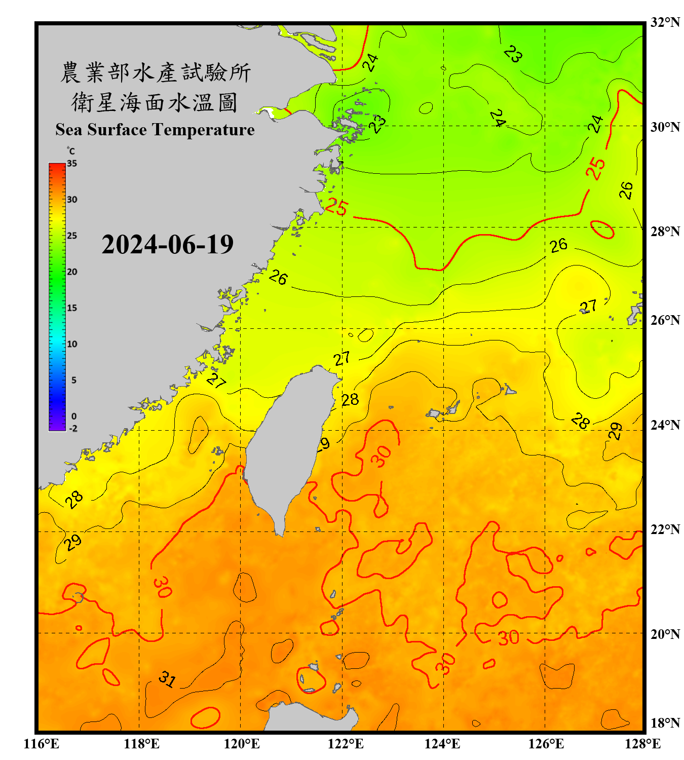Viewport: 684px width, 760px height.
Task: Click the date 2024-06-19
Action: click(167, 245)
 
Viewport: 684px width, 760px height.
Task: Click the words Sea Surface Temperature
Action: click(155, 130)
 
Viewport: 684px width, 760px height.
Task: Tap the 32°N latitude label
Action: click(665, 22)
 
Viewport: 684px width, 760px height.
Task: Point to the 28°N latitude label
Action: click(665, 232)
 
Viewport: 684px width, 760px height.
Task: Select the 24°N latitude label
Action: click(665, 425)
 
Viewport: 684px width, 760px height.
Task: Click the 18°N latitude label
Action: click(665, 723)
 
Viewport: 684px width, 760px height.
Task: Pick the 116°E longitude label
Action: click(42, 744)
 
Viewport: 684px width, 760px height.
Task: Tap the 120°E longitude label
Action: click(242, 744)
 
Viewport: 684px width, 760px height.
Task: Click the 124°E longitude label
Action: click(442, 744)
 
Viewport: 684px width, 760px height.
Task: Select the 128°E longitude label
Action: click(642, 744)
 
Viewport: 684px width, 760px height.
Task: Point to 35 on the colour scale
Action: click(72, 164)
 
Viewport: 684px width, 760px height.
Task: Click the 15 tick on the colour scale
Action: click(72, 308)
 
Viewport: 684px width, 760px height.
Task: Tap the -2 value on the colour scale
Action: click(73, 429)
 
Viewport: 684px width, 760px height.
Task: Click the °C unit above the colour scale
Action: click(70, 151)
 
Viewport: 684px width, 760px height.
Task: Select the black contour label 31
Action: click(167, 679)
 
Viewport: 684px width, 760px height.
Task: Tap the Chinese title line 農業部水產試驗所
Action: click(155, 72)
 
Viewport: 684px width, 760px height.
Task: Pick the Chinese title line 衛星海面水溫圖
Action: click(155, 102)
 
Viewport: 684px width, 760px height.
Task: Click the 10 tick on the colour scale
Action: click(72, 344)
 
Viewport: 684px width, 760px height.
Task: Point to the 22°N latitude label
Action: click(665, 529)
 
